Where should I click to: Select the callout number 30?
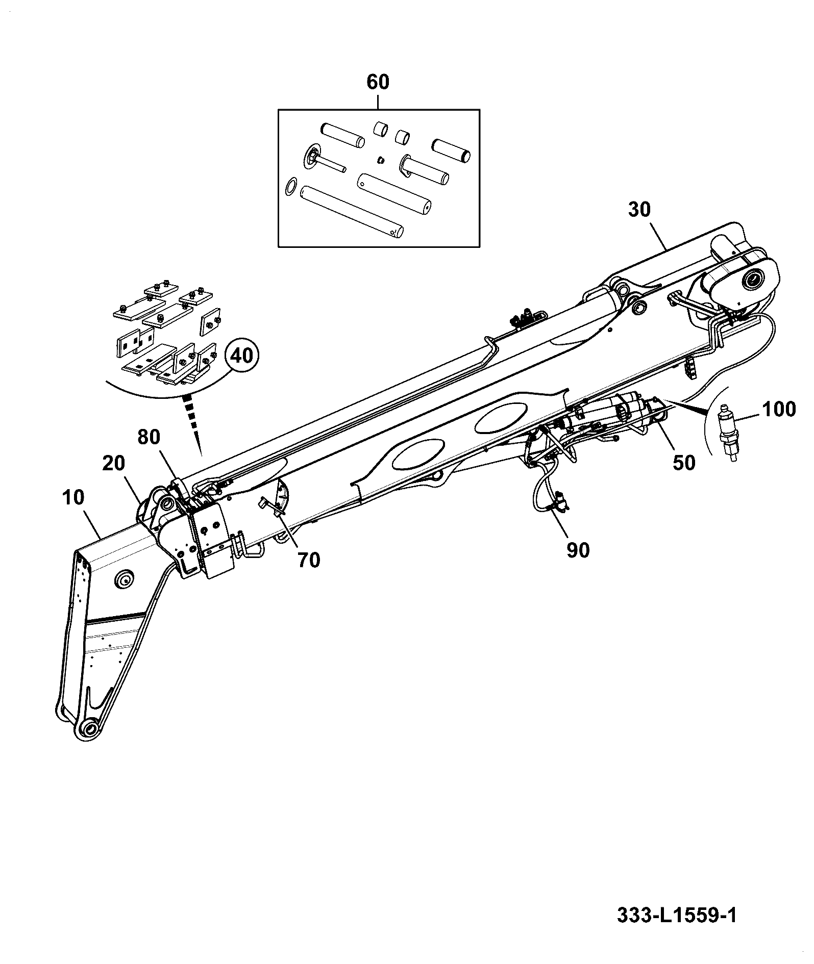tap(640, 210)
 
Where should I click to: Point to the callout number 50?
tap(684, 462)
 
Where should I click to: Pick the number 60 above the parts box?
tap(378, 82)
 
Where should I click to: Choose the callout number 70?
tap(309, 560)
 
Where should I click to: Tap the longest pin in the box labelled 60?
tap(353, 209)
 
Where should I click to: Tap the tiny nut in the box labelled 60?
tap(381, 161)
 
